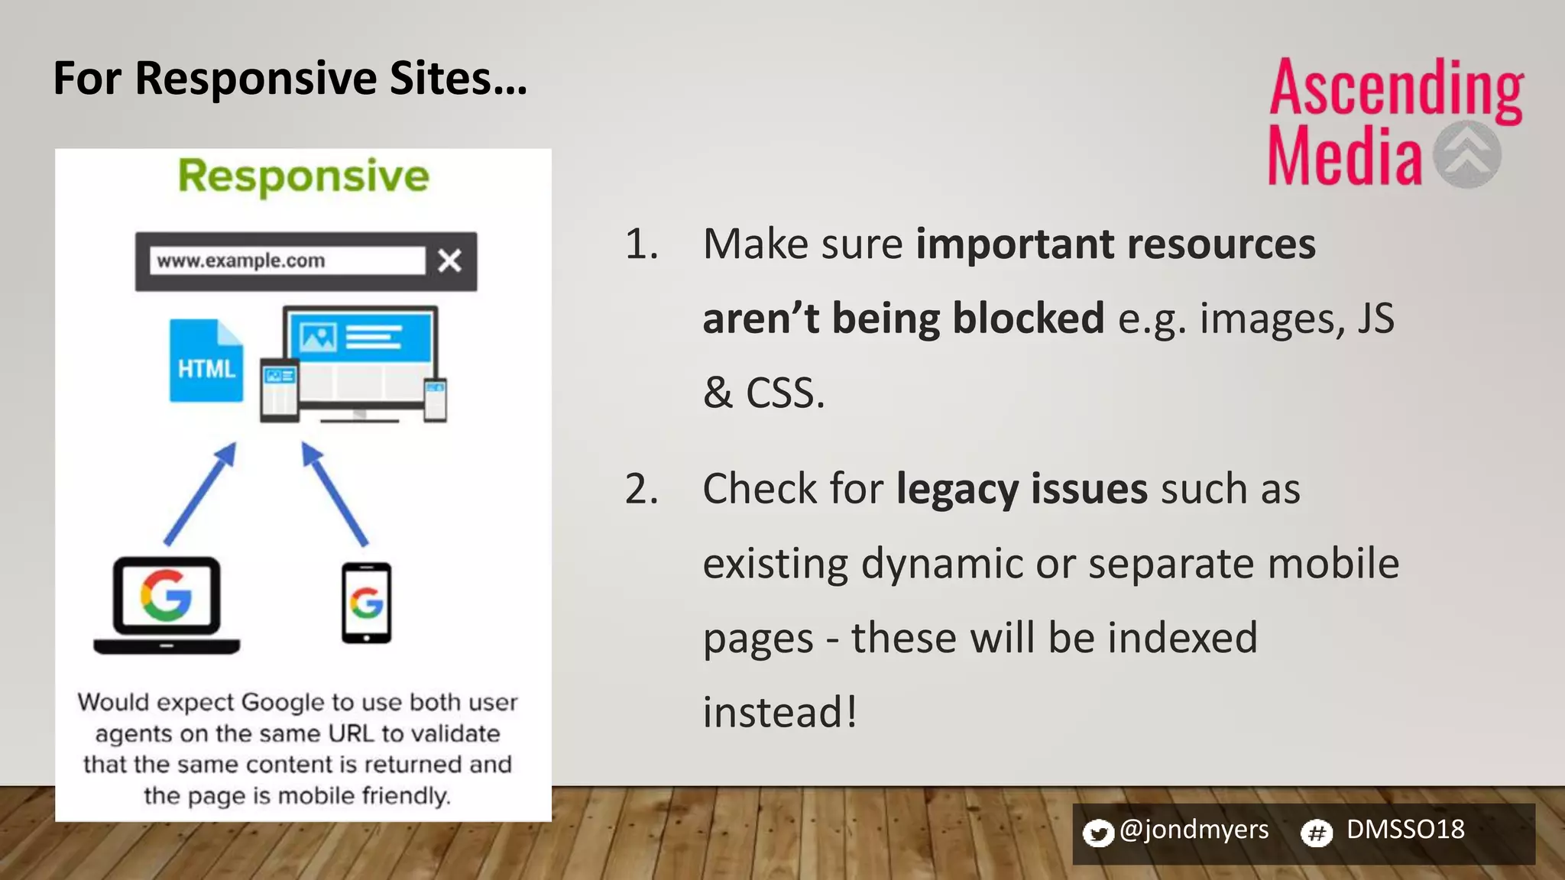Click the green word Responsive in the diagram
pos(303,176)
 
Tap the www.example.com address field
pos(287,260)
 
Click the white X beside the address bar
pos(449,261)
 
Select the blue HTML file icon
pos(206,361)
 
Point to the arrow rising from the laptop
pos(200,493)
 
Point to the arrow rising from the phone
pos(334,493)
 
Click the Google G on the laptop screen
pos(166,595)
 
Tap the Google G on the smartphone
pos(366,603)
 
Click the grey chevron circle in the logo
pos(1466,154)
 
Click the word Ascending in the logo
pos(1396,89)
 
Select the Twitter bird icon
pos(1098,833)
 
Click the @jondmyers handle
pos(1194,830)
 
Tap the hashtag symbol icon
pos(1317,833)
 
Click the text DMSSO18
pos(1405,830)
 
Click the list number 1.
pos(640,245)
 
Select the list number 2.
pos(640,490)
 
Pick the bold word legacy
pos(956,490)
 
